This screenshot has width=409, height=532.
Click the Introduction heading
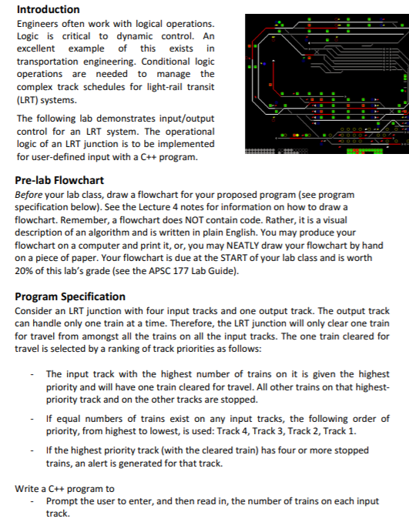click(x=48, y=9)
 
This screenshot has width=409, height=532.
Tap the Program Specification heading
click(x=70, y=296)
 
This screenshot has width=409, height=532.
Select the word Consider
click(x=35, y=311)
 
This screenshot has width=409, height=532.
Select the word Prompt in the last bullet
click(x=63, y=500)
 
